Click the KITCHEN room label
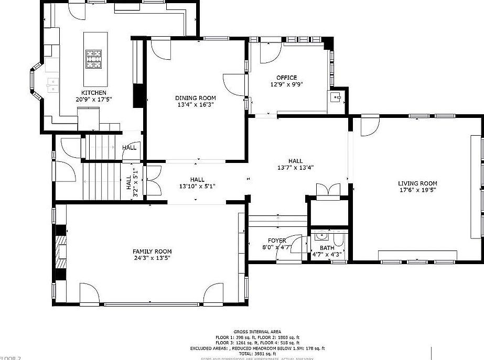94,93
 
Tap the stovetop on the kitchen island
94,59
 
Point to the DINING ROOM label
195,98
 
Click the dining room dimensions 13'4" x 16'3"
195,104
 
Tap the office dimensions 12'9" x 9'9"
287,84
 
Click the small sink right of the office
336,97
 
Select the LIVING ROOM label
417,183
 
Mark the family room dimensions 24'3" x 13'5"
152,258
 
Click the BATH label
327,248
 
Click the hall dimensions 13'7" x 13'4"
296,168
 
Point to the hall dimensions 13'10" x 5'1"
197,186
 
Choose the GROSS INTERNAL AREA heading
257,332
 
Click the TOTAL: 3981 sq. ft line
257,354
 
